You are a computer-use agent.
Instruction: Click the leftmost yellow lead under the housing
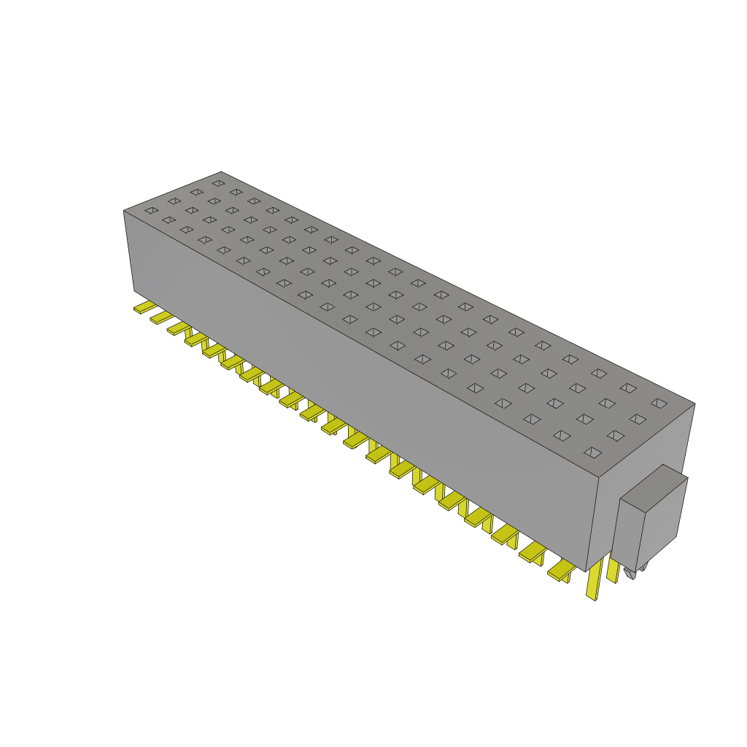(144, 307)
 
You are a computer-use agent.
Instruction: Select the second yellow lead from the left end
(160, 317)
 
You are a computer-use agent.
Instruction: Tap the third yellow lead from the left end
(177, 328)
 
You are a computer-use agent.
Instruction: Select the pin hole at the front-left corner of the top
(151, 211)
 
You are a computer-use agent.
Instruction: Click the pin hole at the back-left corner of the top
(217, 182)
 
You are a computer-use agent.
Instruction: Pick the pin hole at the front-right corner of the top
(593, 453)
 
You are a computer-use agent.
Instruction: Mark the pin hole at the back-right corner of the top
(659, 403)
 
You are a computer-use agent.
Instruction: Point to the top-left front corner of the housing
(124, 211)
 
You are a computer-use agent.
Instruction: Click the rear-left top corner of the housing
(221, 172)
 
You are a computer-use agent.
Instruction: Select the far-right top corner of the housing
(694, 403)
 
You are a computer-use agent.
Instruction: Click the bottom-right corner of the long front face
(587, 571)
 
